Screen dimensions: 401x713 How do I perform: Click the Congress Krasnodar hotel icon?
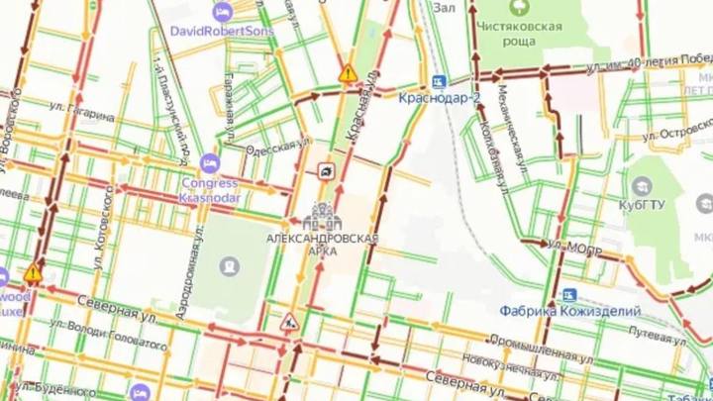click(209, 161)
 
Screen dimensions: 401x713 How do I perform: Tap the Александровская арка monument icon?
click(323, 215)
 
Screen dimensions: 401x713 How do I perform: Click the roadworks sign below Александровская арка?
click(289, 321)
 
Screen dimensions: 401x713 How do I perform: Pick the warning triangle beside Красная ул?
click(348, 73)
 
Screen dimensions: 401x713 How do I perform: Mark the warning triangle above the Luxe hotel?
click(33, 271)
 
